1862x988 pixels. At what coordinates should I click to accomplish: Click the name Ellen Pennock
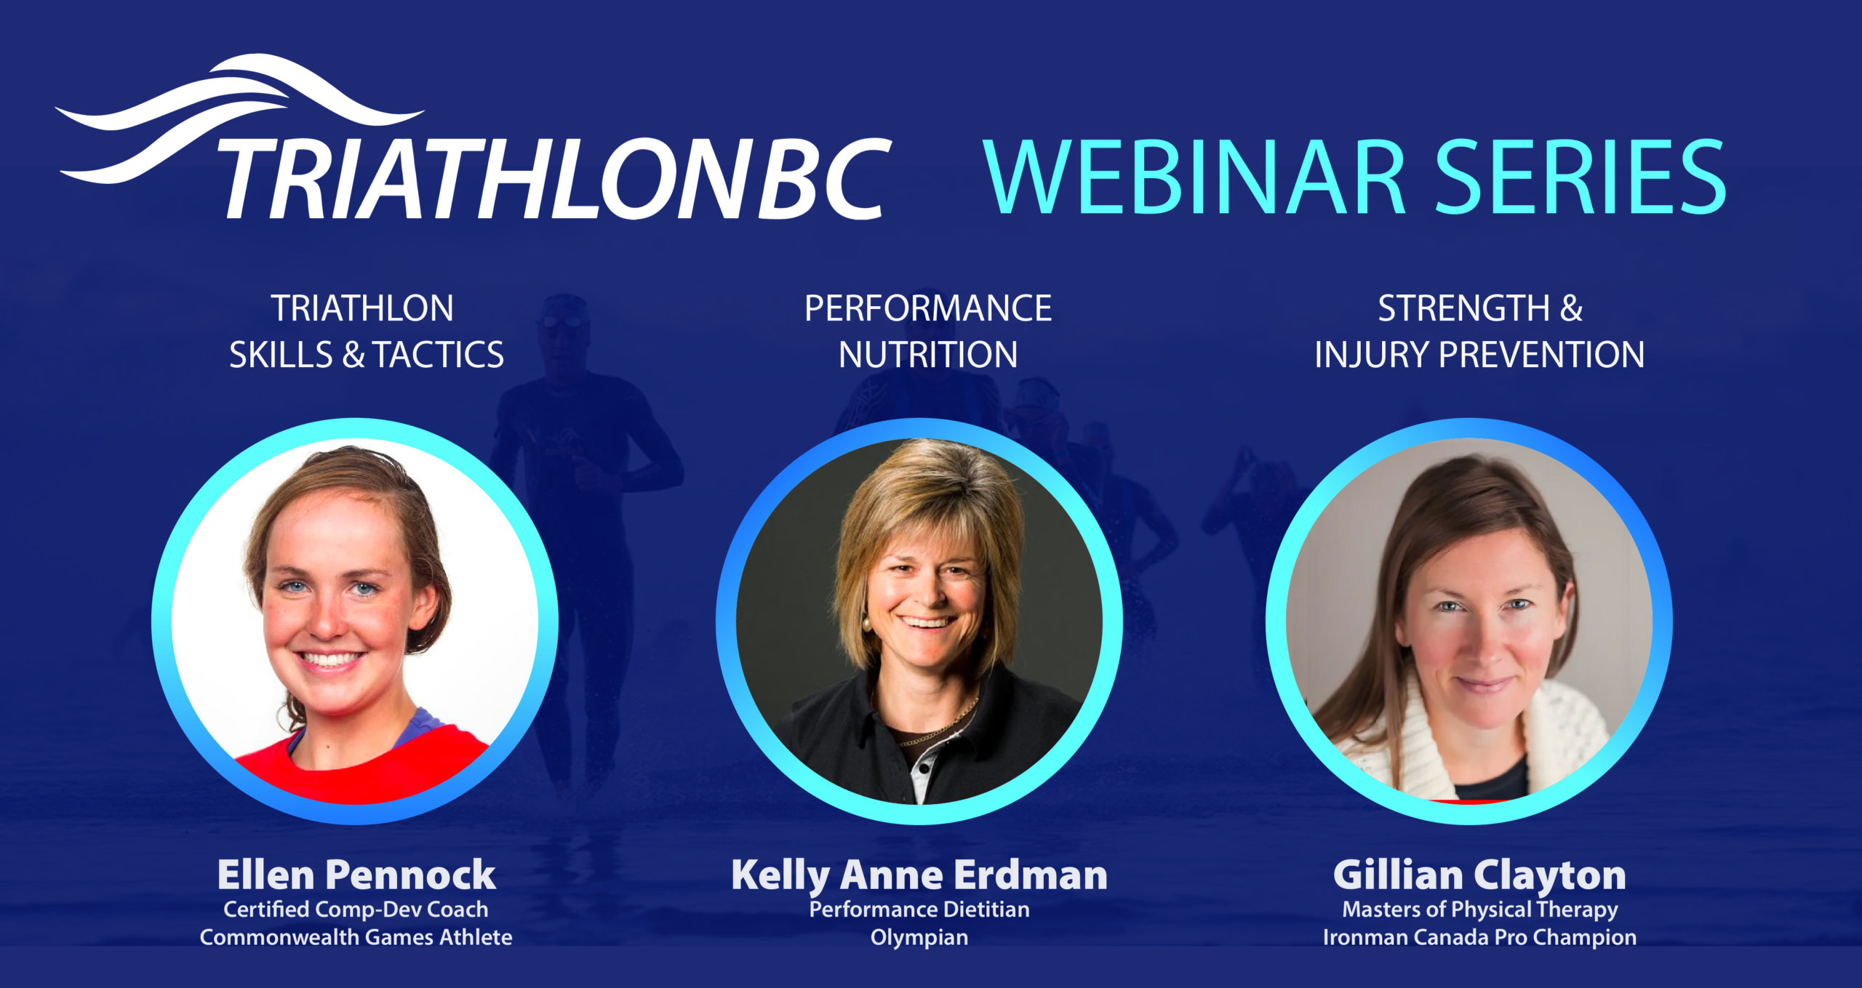point(356,875)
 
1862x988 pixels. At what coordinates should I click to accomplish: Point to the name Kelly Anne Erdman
point(919,875)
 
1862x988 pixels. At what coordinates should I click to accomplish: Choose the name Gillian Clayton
point(1479,875)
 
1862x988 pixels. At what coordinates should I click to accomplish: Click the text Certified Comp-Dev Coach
point(356,909)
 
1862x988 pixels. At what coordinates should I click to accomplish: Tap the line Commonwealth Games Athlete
point(356,937)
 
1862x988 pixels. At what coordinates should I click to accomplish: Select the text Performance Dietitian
point(919,909)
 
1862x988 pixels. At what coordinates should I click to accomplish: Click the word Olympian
point(919,938)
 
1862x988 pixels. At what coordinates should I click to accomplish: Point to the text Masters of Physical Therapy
point(1480,909)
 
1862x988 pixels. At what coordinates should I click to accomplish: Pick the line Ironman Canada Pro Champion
point(1480,938)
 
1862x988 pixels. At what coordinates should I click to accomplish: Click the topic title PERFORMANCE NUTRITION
point(928,332)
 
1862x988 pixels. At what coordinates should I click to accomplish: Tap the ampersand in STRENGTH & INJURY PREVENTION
point(1571,308)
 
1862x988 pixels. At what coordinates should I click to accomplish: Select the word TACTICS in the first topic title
point(439,356)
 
